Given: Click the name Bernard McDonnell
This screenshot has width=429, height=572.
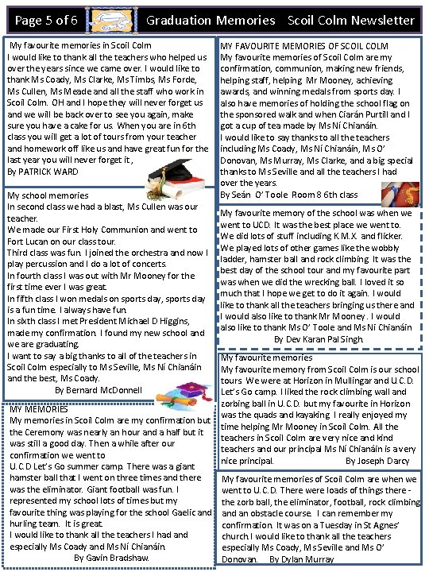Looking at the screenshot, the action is click(x=99, y=390).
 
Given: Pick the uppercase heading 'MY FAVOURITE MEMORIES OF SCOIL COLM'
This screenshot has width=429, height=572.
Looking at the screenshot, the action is click(x=303, y=47).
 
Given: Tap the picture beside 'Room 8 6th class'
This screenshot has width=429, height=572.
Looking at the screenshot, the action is click(x=400, y=193).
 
